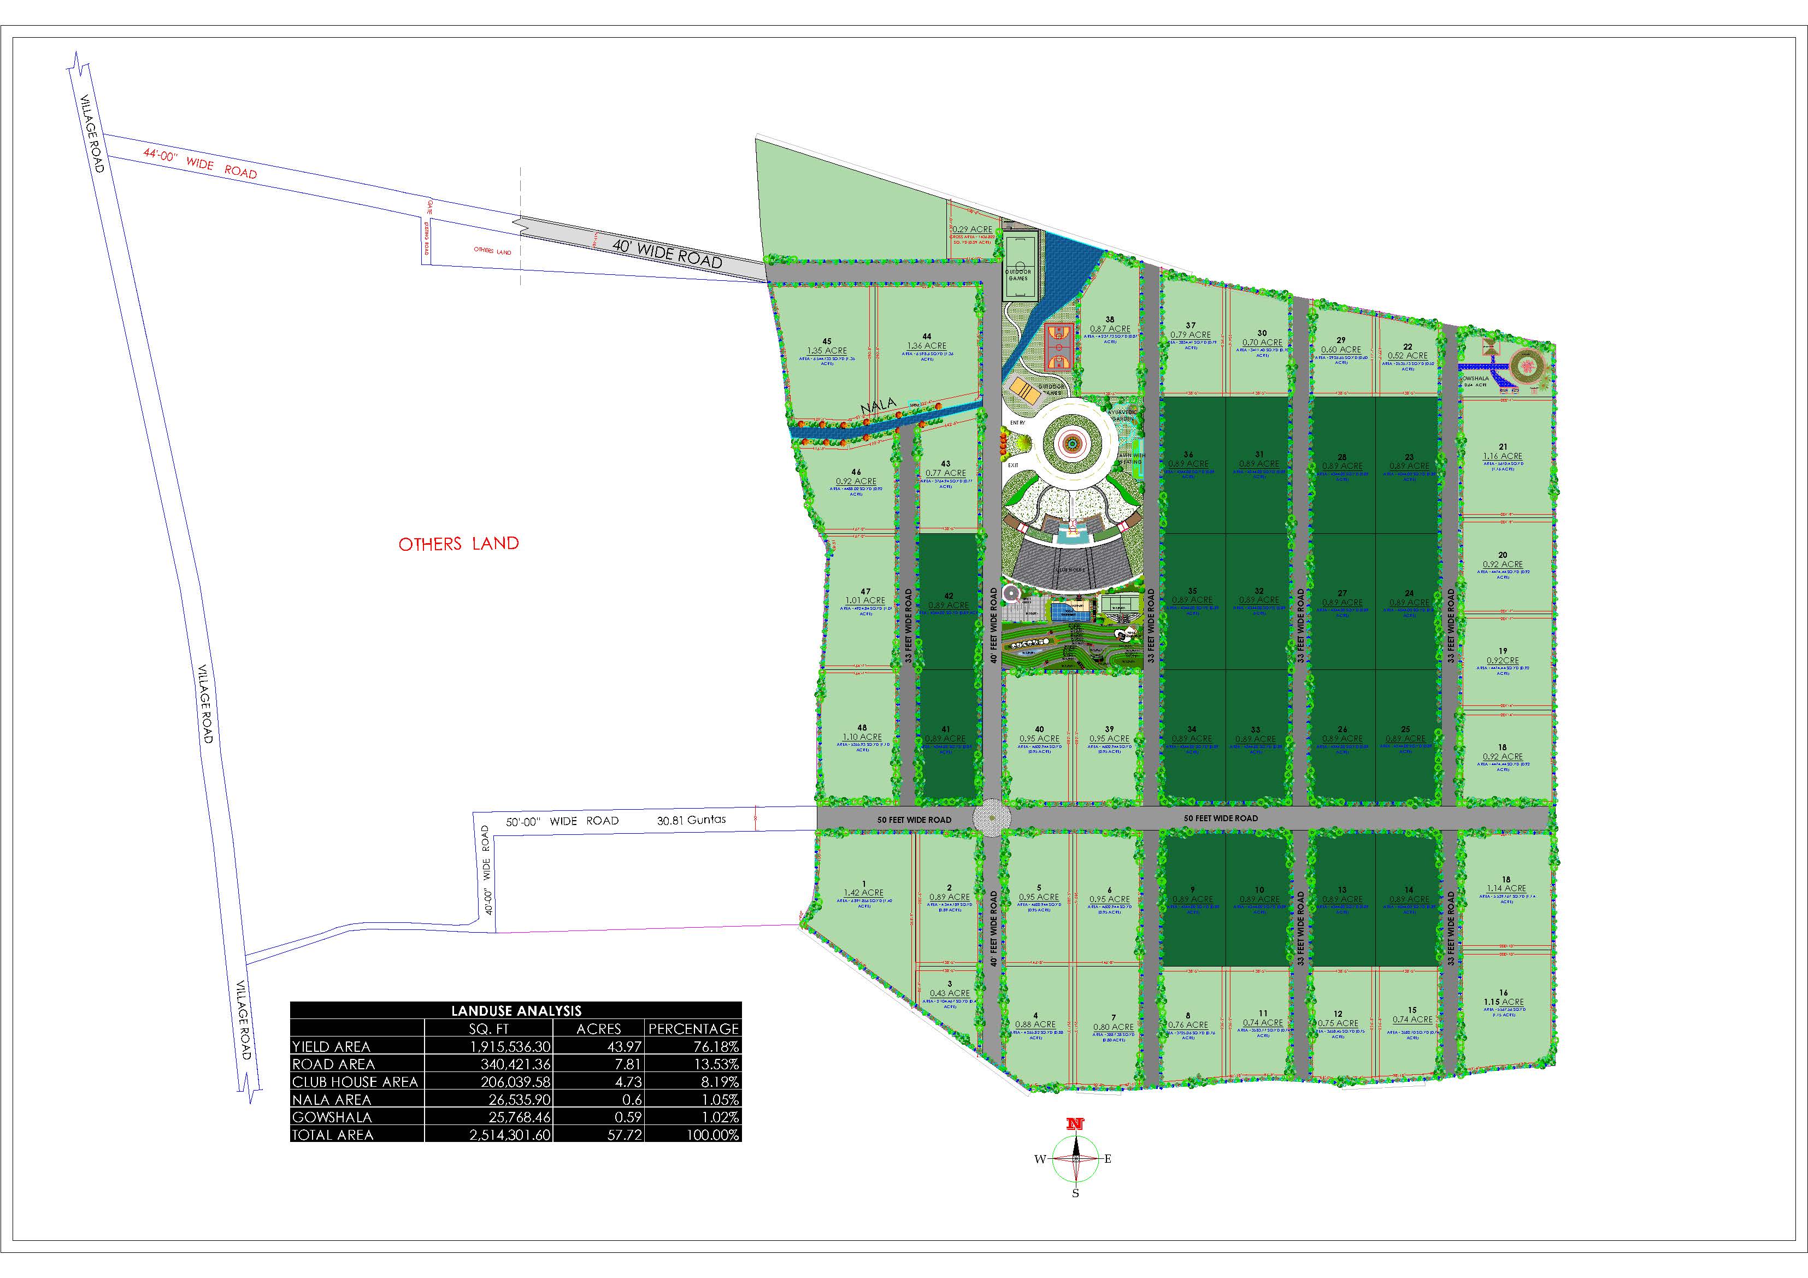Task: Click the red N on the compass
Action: pyautogui.click(x=1075, y=1124)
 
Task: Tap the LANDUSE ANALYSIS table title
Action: pyautogui.click(x=516, y=1011)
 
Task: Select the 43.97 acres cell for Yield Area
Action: pyautogui.click(x=599, y=1046)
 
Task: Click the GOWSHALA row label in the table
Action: pyautogui.click(x=332, y=1117)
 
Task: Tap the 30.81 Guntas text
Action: pyautogui.click(x=691, y=820)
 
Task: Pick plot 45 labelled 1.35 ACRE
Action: pyautogui.click(x=827, y=350)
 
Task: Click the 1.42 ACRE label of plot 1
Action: pyautogui.click(x=864, y=893)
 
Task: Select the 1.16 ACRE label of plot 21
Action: pyautogui.click(x=1503, y=456)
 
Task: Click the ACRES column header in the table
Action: pyautogui.click(x=598, y=1028)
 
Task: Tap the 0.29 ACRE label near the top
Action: pyautogui.click(x=973, y=229)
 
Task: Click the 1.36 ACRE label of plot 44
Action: pyautogui.click(x=927, y=346)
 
